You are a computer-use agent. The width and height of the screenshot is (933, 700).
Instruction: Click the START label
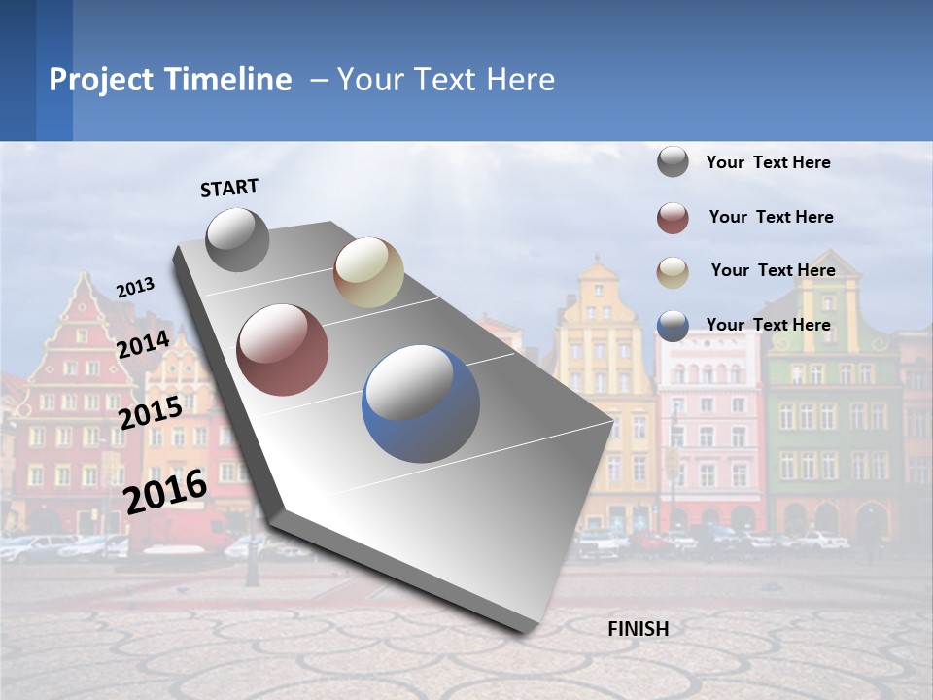coord(229,188)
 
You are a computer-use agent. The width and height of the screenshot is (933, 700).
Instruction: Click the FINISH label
coord(638,629)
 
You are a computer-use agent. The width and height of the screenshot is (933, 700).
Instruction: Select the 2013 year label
coord(136,287)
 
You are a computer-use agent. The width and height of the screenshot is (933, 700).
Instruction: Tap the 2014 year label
coord(144,345)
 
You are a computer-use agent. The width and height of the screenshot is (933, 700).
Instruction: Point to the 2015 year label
coord(151,413)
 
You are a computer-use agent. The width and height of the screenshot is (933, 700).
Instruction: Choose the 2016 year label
coord(166,492)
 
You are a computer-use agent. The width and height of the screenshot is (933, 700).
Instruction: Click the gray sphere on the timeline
coord(237,240)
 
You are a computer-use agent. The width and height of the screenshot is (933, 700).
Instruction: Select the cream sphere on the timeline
coord(368,272)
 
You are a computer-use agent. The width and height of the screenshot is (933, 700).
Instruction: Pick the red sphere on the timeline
coord(283,350)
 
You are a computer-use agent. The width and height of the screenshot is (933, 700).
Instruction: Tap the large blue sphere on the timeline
coord(421,403)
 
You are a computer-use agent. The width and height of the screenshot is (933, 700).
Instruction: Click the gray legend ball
coord(673,162)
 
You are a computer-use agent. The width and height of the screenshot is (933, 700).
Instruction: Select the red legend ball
coord(673,218)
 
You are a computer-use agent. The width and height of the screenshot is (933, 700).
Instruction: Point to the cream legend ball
coord(673,271)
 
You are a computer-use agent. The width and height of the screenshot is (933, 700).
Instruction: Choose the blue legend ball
coord(673,326)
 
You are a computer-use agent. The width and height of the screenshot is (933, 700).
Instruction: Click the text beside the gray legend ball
coord(769,163)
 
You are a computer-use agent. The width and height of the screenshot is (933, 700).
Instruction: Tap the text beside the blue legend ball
coord(769,325)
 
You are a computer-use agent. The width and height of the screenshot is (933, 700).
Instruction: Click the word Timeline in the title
coord(228,80)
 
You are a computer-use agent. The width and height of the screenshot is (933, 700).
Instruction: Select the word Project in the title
coord(101,80)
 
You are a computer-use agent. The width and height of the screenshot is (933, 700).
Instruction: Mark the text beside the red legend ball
coord(772,217)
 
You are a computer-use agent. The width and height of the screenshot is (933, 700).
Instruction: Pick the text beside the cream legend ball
coord(774,270)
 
